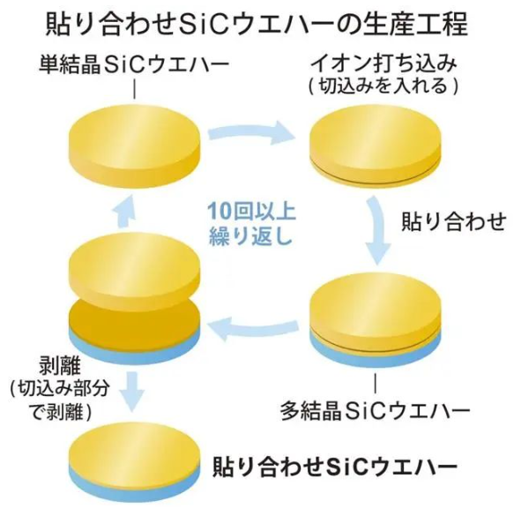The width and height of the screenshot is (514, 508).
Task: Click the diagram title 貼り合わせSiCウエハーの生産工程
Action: click(x=257, y=25)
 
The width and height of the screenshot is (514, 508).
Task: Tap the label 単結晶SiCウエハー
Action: click(x=134, y=64)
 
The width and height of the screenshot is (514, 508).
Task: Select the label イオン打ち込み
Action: click(x=383, y=64)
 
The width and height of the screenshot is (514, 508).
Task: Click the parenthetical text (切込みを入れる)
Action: click(x=383, y=86)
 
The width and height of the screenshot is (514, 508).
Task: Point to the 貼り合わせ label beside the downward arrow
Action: click(x=454, y=221)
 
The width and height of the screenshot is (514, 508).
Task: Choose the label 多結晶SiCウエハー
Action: click(x=375, y=410)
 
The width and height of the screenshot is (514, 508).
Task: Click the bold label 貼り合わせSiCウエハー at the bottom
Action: click(x=335, y=466)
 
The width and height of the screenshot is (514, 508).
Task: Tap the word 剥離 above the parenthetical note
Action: click(x=60, y=366)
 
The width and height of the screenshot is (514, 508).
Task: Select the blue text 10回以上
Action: click(x=252, y=213)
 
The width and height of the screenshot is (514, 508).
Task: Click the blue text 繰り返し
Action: click(x=250, y=236)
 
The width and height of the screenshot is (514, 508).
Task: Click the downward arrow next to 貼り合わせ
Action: click(x=377, y=229)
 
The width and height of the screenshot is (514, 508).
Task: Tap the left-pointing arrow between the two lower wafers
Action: click(x=253, y=330)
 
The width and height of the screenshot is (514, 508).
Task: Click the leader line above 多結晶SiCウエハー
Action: click(x=375, y=384)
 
